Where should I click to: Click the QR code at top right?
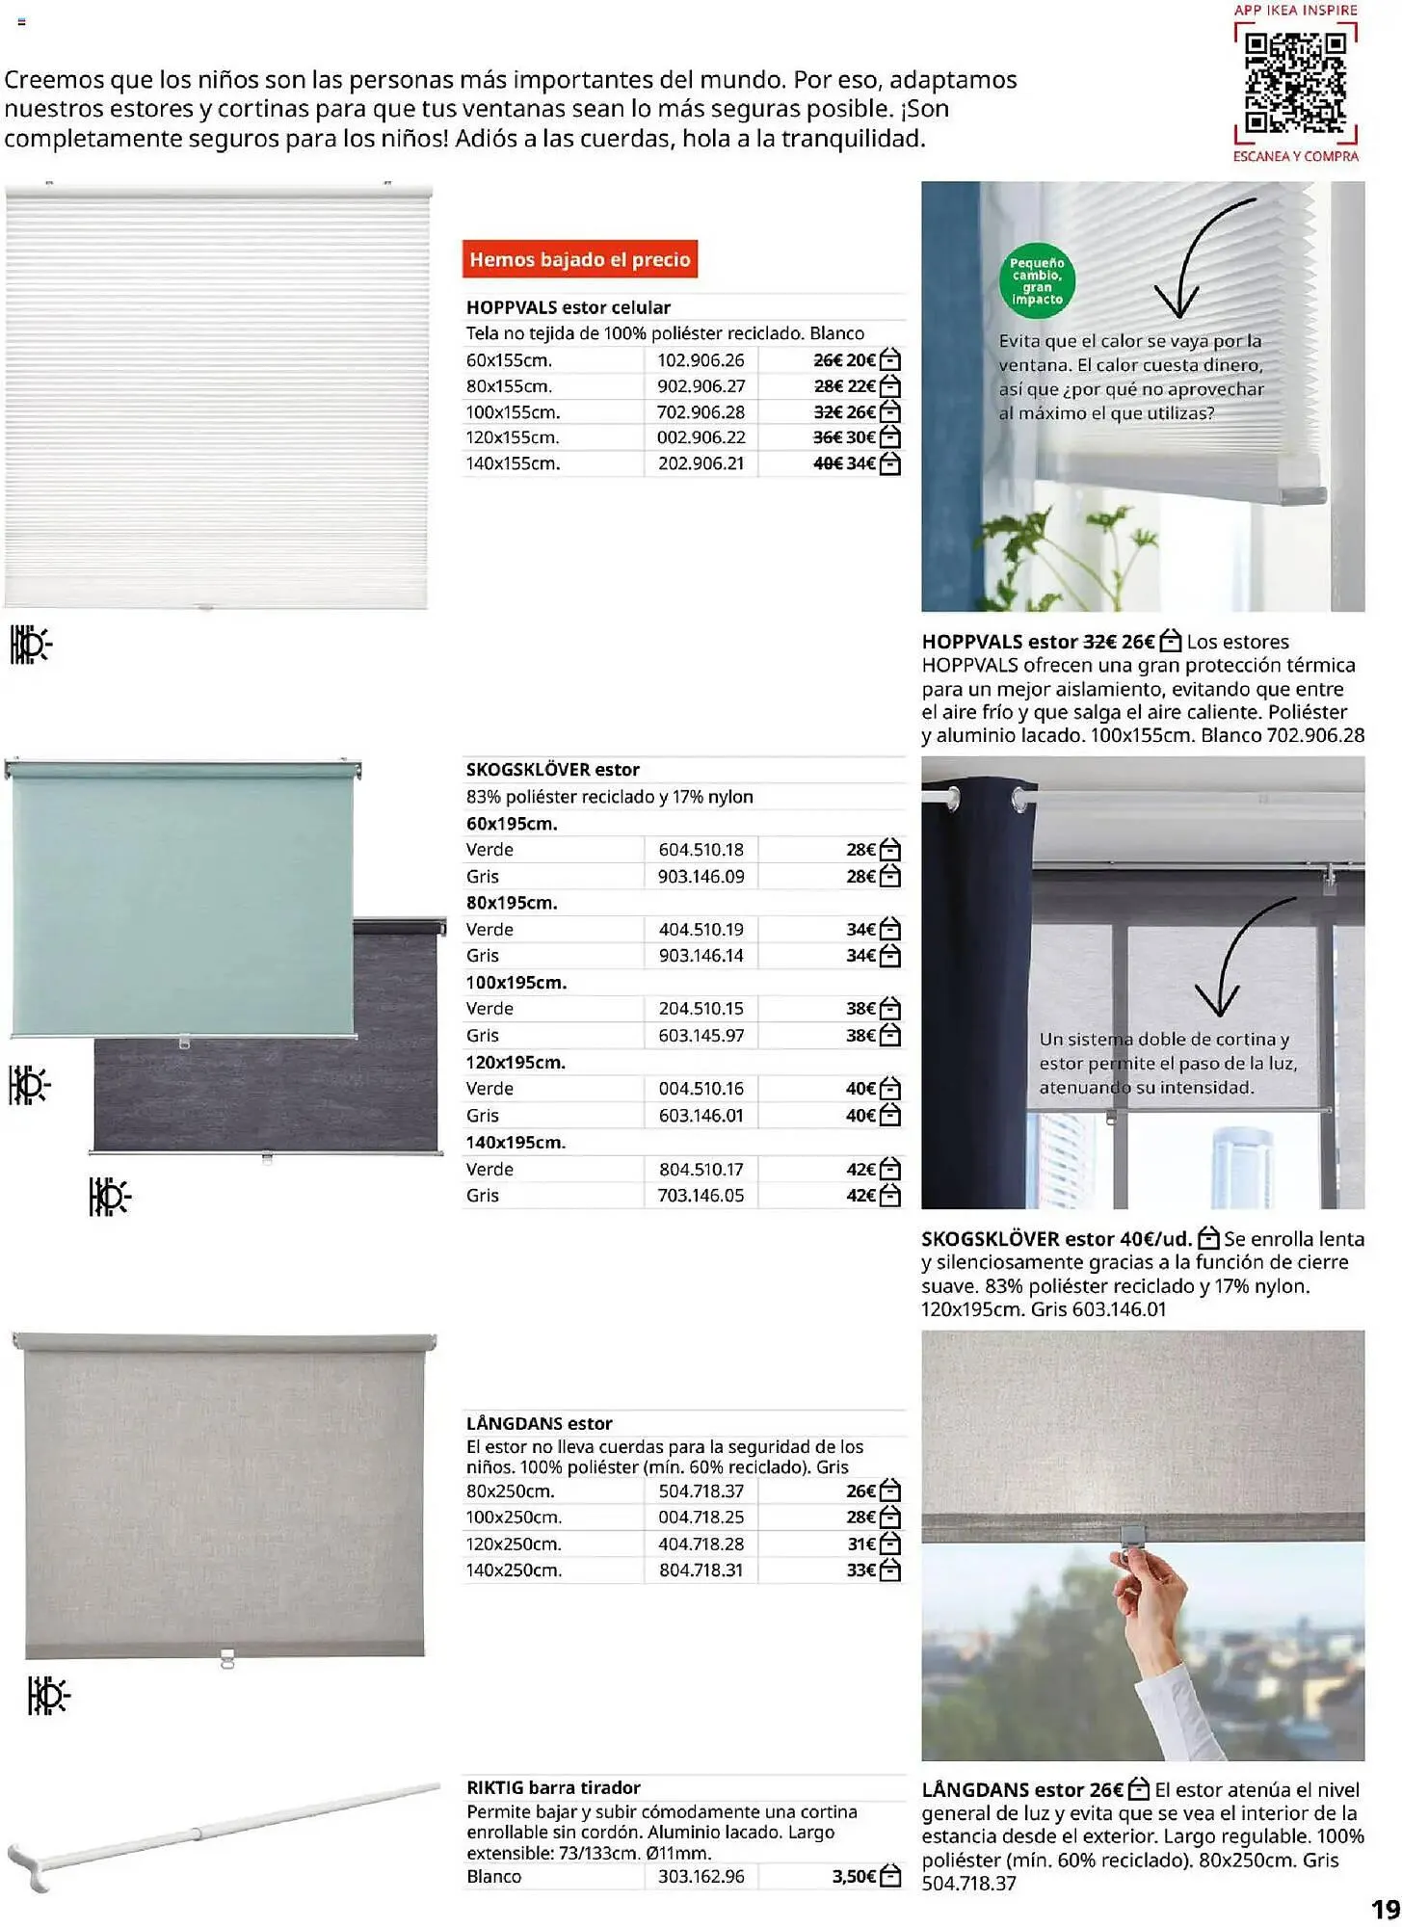click(1295, 84)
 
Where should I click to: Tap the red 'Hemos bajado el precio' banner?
click(579, 259)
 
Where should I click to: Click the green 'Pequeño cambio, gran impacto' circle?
click(1037, 280)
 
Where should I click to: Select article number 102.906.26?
click(701, 360)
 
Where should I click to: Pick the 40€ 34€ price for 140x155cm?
click(845, 463)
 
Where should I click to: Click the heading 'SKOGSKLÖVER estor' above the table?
click(552, 770)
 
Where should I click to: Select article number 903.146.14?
click(701, 956)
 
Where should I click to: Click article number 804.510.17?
click(701, 1169)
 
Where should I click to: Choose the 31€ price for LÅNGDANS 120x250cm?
click(860, 1544)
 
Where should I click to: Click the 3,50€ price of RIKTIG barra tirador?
click(854, 1876)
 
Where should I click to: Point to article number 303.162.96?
click(701, 1876)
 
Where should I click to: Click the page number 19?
click(1385, 1909)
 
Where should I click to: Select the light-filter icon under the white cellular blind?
click(30, 645)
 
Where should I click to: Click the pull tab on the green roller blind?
click(184, 1042)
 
